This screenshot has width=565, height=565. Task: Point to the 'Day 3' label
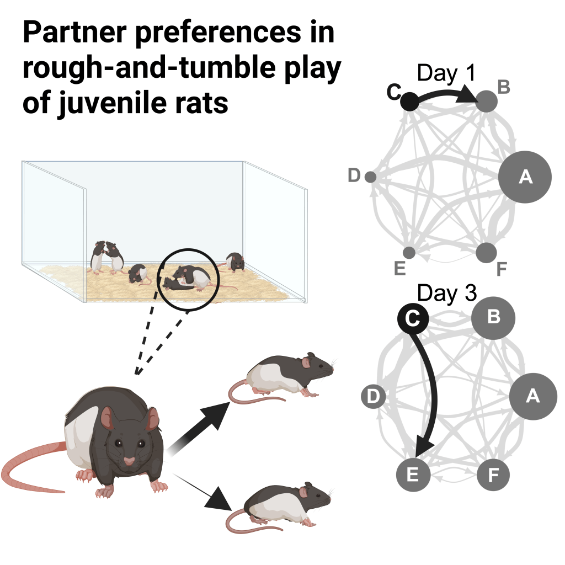pos(446,294)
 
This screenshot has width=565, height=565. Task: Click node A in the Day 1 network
pos(525,177)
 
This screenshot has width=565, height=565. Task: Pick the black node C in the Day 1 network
pos(409,100)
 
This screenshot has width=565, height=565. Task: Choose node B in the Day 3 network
pos(493,318)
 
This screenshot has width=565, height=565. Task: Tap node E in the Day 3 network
pos(413,475)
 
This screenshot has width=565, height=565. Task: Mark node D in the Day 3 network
pos(373,397)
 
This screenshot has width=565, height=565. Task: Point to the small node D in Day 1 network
pos(371,177)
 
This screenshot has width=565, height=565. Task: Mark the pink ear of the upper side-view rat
pos(305,363)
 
